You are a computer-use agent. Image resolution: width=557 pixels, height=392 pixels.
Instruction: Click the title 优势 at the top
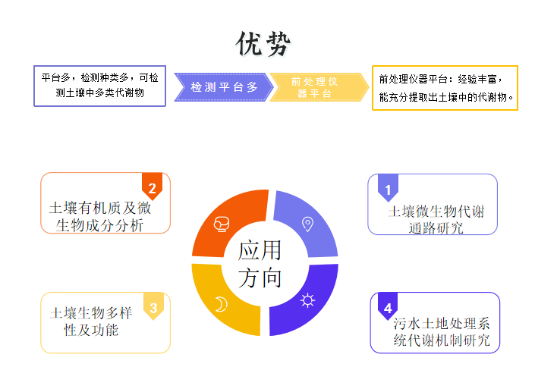tap(263, 44)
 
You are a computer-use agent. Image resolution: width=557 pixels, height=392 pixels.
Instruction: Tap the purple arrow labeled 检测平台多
tap(224, 87)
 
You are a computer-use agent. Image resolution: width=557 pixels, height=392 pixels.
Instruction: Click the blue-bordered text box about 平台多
tap(100, 86)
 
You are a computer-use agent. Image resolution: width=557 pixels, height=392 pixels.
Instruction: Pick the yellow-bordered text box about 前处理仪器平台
tap(445, 88)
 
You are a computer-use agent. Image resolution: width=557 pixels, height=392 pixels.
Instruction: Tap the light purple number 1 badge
tap(388, 188)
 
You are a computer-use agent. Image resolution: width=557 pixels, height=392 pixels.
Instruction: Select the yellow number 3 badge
tap(153, 306)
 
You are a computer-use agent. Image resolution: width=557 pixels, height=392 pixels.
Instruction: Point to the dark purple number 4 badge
tap(388, 306)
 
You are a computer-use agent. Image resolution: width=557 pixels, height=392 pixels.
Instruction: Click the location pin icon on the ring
tap(307, 224)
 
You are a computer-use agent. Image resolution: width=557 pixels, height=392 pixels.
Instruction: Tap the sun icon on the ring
tap(307, 300)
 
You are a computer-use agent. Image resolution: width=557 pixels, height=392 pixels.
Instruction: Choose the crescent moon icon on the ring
tap(221, 304)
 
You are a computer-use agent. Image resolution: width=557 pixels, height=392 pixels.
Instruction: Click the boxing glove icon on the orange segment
tap(222, 224)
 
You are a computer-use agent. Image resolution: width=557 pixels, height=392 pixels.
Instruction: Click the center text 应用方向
tap(260, 264)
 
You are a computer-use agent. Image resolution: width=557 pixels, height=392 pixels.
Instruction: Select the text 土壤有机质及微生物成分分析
tap(100, 217)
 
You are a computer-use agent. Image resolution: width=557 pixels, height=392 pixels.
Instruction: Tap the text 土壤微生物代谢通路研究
tap(436, 219)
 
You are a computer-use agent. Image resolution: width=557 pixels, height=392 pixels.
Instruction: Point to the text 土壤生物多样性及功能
tap(91, 321)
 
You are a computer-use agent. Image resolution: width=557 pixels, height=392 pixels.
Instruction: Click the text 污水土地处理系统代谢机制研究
tap(442, 331)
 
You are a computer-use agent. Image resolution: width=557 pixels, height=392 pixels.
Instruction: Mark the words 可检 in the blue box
tap(149, 78)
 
